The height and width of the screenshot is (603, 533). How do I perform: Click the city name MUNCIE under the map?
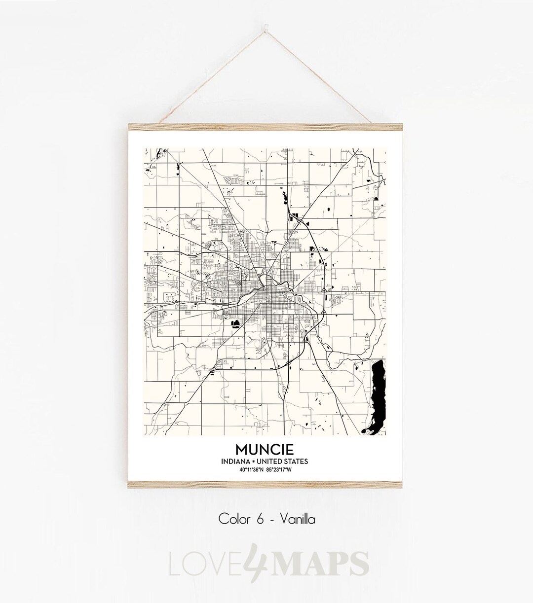click(265, 449)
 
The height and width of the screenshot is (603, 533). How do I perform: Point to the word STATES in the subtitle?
click(297, 461)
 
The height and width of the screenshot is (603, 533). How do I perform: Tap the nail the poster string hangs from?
click(266, 21)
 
